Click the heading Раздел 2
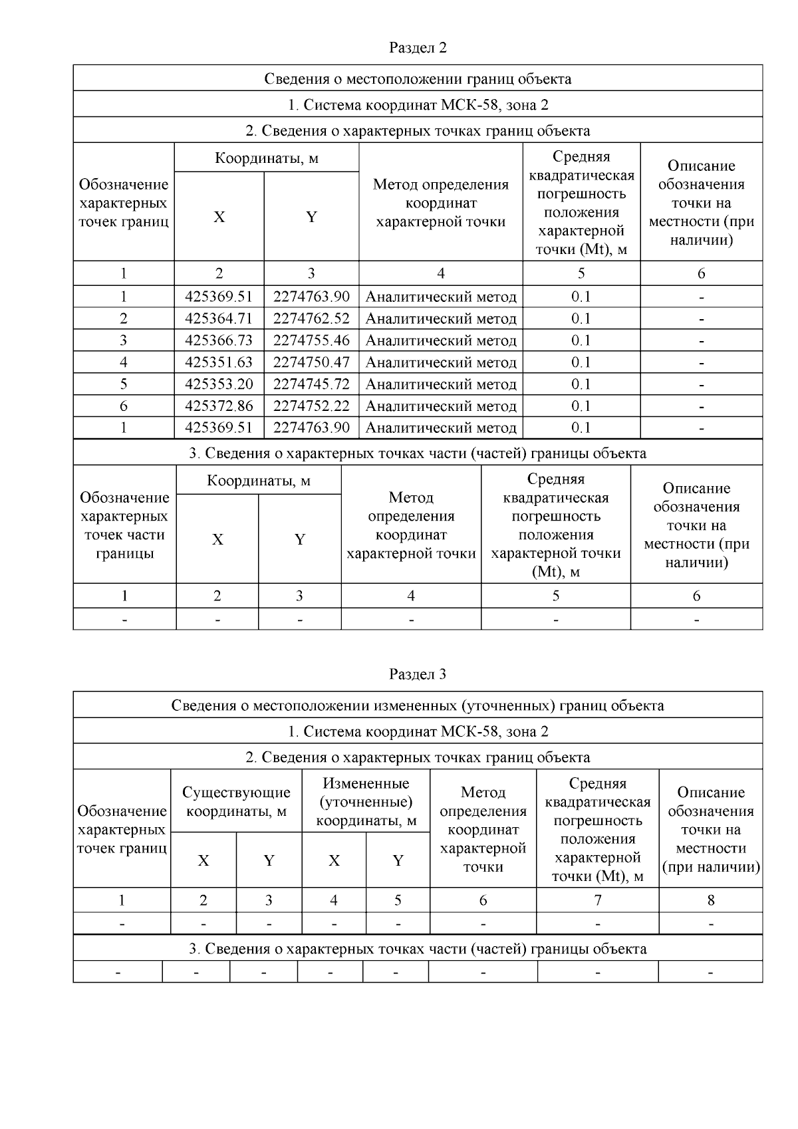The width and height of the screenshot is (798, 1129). [x=418, y=48]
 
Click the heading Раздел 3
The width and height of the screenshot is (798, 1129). [x=418, y=674]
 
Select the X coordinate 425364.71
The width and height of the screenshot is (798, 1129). [x=219, y=318]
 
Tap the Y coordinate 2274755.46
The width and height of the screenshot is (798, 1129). [x=311, y=340]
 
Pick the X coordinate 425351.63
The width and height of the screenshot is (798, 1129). [x=219, y=362]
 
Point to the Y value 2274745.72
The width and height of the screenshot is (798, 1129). [x=311, y=384]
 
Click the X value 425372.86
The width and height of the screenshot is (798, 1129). [x=219, y=406]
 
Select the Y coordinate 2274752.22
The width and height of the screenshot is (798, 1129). [x=311, y=406]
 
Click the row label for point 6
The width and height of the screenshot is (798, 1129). [x=124, y=406]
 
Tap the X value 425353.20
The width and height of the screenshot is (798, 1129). [x=219, y=384]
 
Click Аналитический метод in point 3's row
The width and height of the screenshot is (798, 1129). [x=441, y=340]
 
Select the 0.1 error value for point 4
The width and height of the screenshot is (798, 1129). [x=581, y=362]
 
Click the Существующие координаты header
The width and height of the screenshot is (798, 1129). [x=236, y=802]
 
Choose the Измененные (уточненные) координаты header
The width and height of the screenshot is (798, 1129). [x=366, y=802]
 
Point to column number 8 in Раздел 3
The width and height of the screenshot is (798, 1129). [x=711, y=900]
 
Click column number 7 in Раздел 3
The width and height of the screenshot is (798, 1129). [x=598, y=900]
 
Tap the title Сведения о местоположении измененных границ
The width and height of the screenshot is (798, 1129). [x=418, y=705]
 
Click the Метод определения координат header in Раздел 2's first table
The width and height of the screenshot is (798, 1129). [x=441, y=203]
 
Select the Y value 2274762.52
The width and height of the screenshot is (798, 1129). [x=311, y=318]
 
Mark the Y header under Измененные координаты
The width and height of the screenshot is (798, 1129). [x=398, y=861]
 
